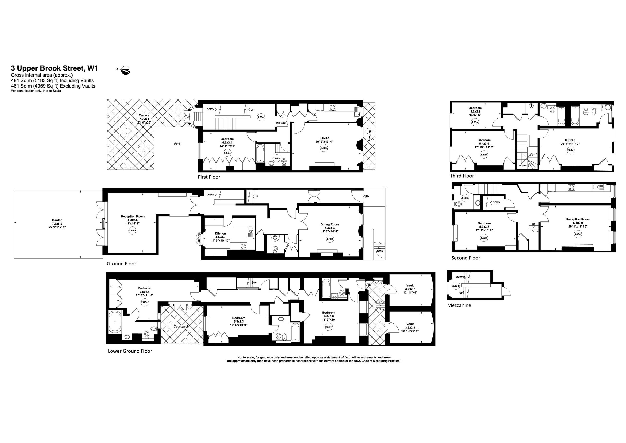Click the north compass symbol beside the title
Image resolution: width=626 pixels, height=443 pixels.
pos(124,70)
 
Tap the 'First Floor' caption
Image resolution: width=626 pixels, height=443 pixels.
pos(209,177)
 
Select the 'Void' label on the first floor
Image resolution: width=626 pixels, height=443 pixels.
pos(177,144)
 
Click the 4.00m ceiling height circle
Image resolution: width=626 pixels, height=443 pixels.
pos(261,117)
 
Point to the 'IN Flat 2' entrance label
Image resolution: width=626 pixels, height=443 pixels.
pos(281,123)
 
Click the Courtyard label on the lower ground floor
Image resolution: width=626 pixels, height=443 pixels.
pos(181,327)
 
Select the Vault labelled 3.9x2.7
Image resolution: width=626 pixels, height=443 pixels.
pos(410,289)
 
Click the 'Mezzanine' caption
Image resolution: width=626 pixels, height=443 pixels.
pos(459,305)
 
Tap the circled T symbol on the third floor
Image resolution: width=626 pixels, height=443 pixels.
pos(531,106)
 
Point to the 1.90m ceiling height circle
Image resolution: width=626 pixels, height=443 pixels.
pos(465,198)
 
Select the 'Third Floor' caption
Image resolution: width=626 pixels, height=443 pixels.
pos(462,176)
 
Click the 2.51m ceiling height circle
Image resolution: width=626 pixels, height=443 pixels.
pos(329,327)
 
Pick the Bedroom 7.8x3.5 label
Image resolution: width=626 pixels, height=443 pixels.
pos(145,292)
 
